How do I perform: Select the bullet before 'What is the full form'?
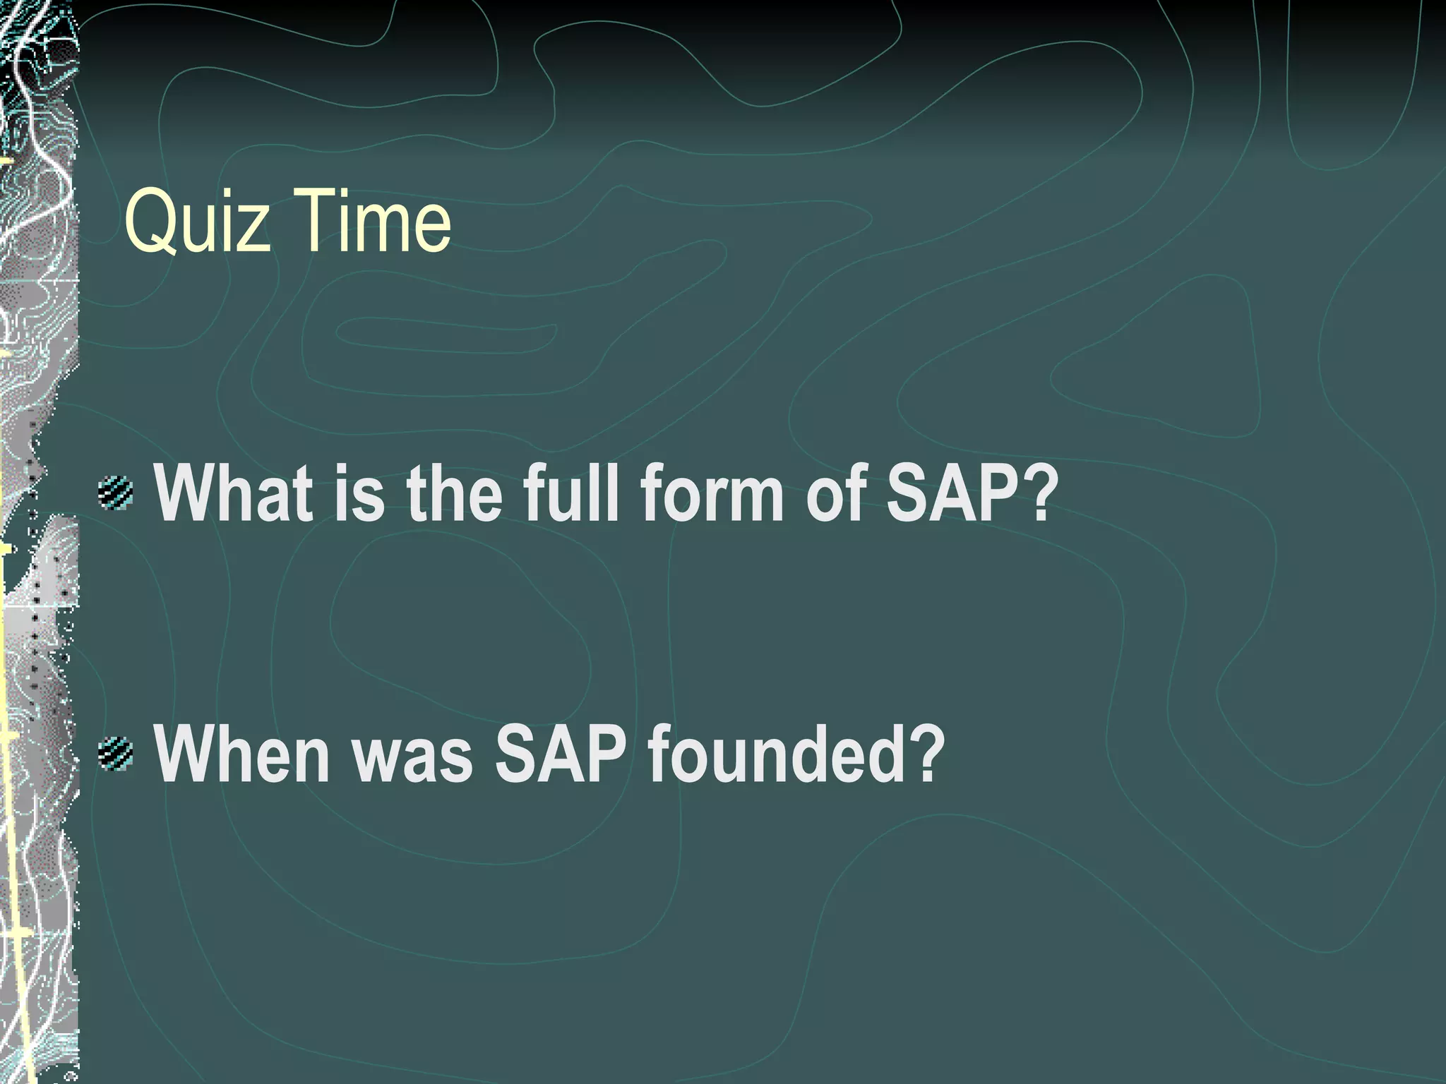(116, 493)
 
